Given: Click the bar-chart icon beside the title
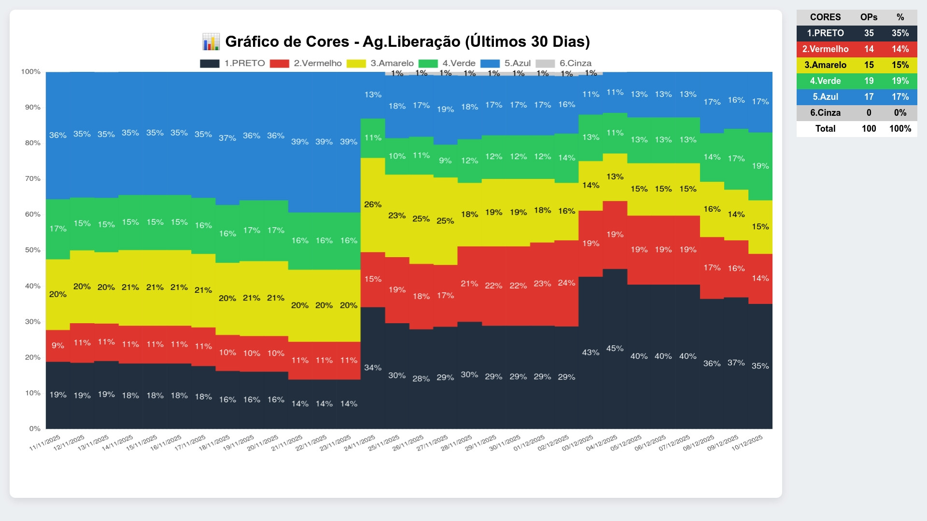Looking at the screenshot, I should (211, 42).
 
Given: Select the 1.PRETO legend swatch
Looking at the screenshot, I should (210, 64).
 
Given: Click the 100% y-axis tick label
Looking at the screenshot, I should (31, 71).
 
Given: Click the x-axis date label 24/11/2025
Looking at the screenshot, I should (359, 443).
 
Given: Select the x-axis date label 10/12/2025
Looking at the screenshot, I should (747, 443).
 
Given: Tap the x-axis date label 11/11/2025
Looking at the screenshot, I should (45, 443).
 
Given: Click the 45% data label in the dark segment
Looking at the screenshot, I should (615, 348).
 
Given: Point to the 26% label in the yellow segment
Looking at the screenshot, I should (373, 205).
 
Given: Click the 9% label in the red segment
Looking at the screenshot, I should (57, 345).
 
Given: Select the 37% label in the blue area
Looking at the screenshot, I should (227, 138).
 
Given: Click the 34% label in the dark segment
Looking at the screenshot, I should (373, 368).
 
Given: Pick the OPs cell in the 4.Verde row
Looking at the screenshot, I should (869, 81).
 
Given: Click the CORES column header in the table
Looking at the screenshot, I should (825, 17).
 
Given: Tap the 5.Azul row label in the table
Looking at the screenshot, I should (825, 97).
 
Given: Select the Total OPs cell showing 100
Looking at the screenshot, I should (869, 129).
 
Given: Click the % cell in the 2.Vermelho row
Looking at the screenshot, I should (900, 49).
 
